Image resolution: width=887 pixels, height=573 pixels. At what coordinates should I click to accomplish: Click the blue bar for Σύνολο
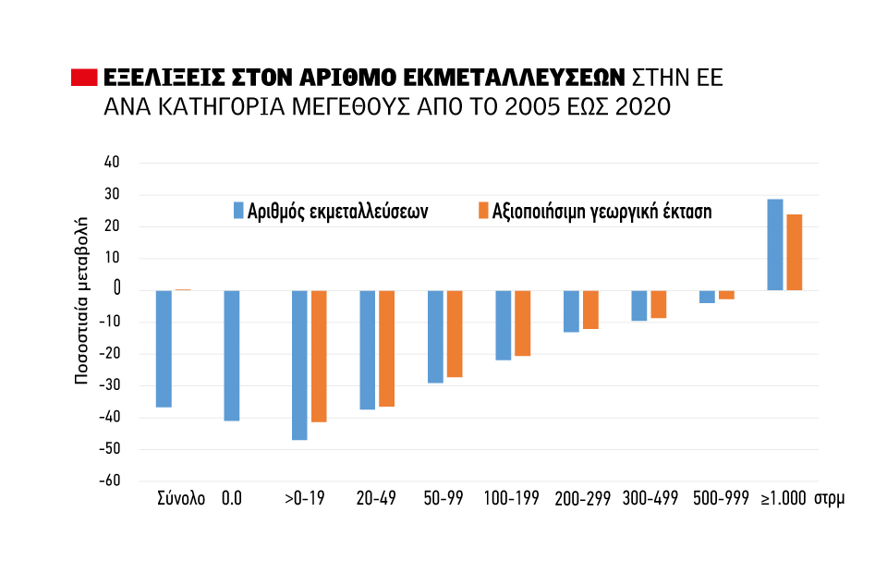[164, 348]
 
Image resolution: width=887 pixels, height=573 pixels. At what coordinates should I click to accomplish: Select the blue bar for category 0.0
[232, 356]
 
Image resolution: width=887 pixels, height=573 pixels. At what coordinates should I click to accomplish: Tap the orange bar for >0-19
[319, 356]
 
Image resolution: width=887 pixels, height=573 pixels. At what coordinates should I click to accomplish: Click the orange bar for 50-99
[455, 334]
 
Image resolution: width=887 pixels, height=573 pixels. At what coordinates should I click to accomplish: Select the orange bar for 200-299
[590, 310]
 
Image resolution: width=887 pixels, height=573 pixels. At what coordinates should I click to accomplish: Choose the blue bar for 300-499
[639, 306]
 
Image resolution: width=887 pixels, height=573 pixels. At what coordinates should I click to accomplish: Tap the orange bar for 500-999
[726, 295]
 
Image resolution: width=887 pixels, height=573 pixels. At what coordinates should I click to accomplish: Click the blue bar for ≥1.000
[775, 245]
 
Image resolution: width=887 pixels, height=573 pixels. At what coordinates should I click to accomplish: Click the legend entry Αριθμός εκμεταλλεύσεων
[331, 211]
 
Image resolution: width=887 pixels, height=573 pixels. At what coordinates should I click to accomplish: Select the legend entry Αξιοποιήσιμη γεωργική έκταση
[593, 211]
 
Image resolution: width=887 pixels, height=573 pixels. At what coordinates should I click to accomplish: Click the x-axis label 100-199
[511, 499]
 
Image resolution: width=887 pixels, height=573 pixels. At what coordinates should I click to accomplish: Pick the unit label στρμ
[830, 499]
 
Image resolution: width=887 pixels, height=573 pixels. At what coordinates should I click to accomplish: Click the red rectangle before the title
[84, 77]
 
